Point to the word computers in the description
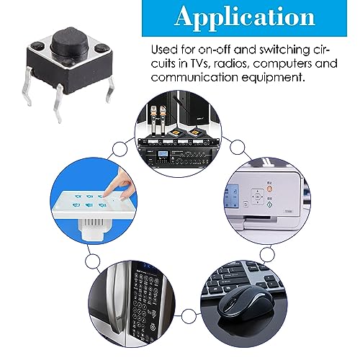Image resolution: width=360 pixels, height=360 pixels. (287, 64)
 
